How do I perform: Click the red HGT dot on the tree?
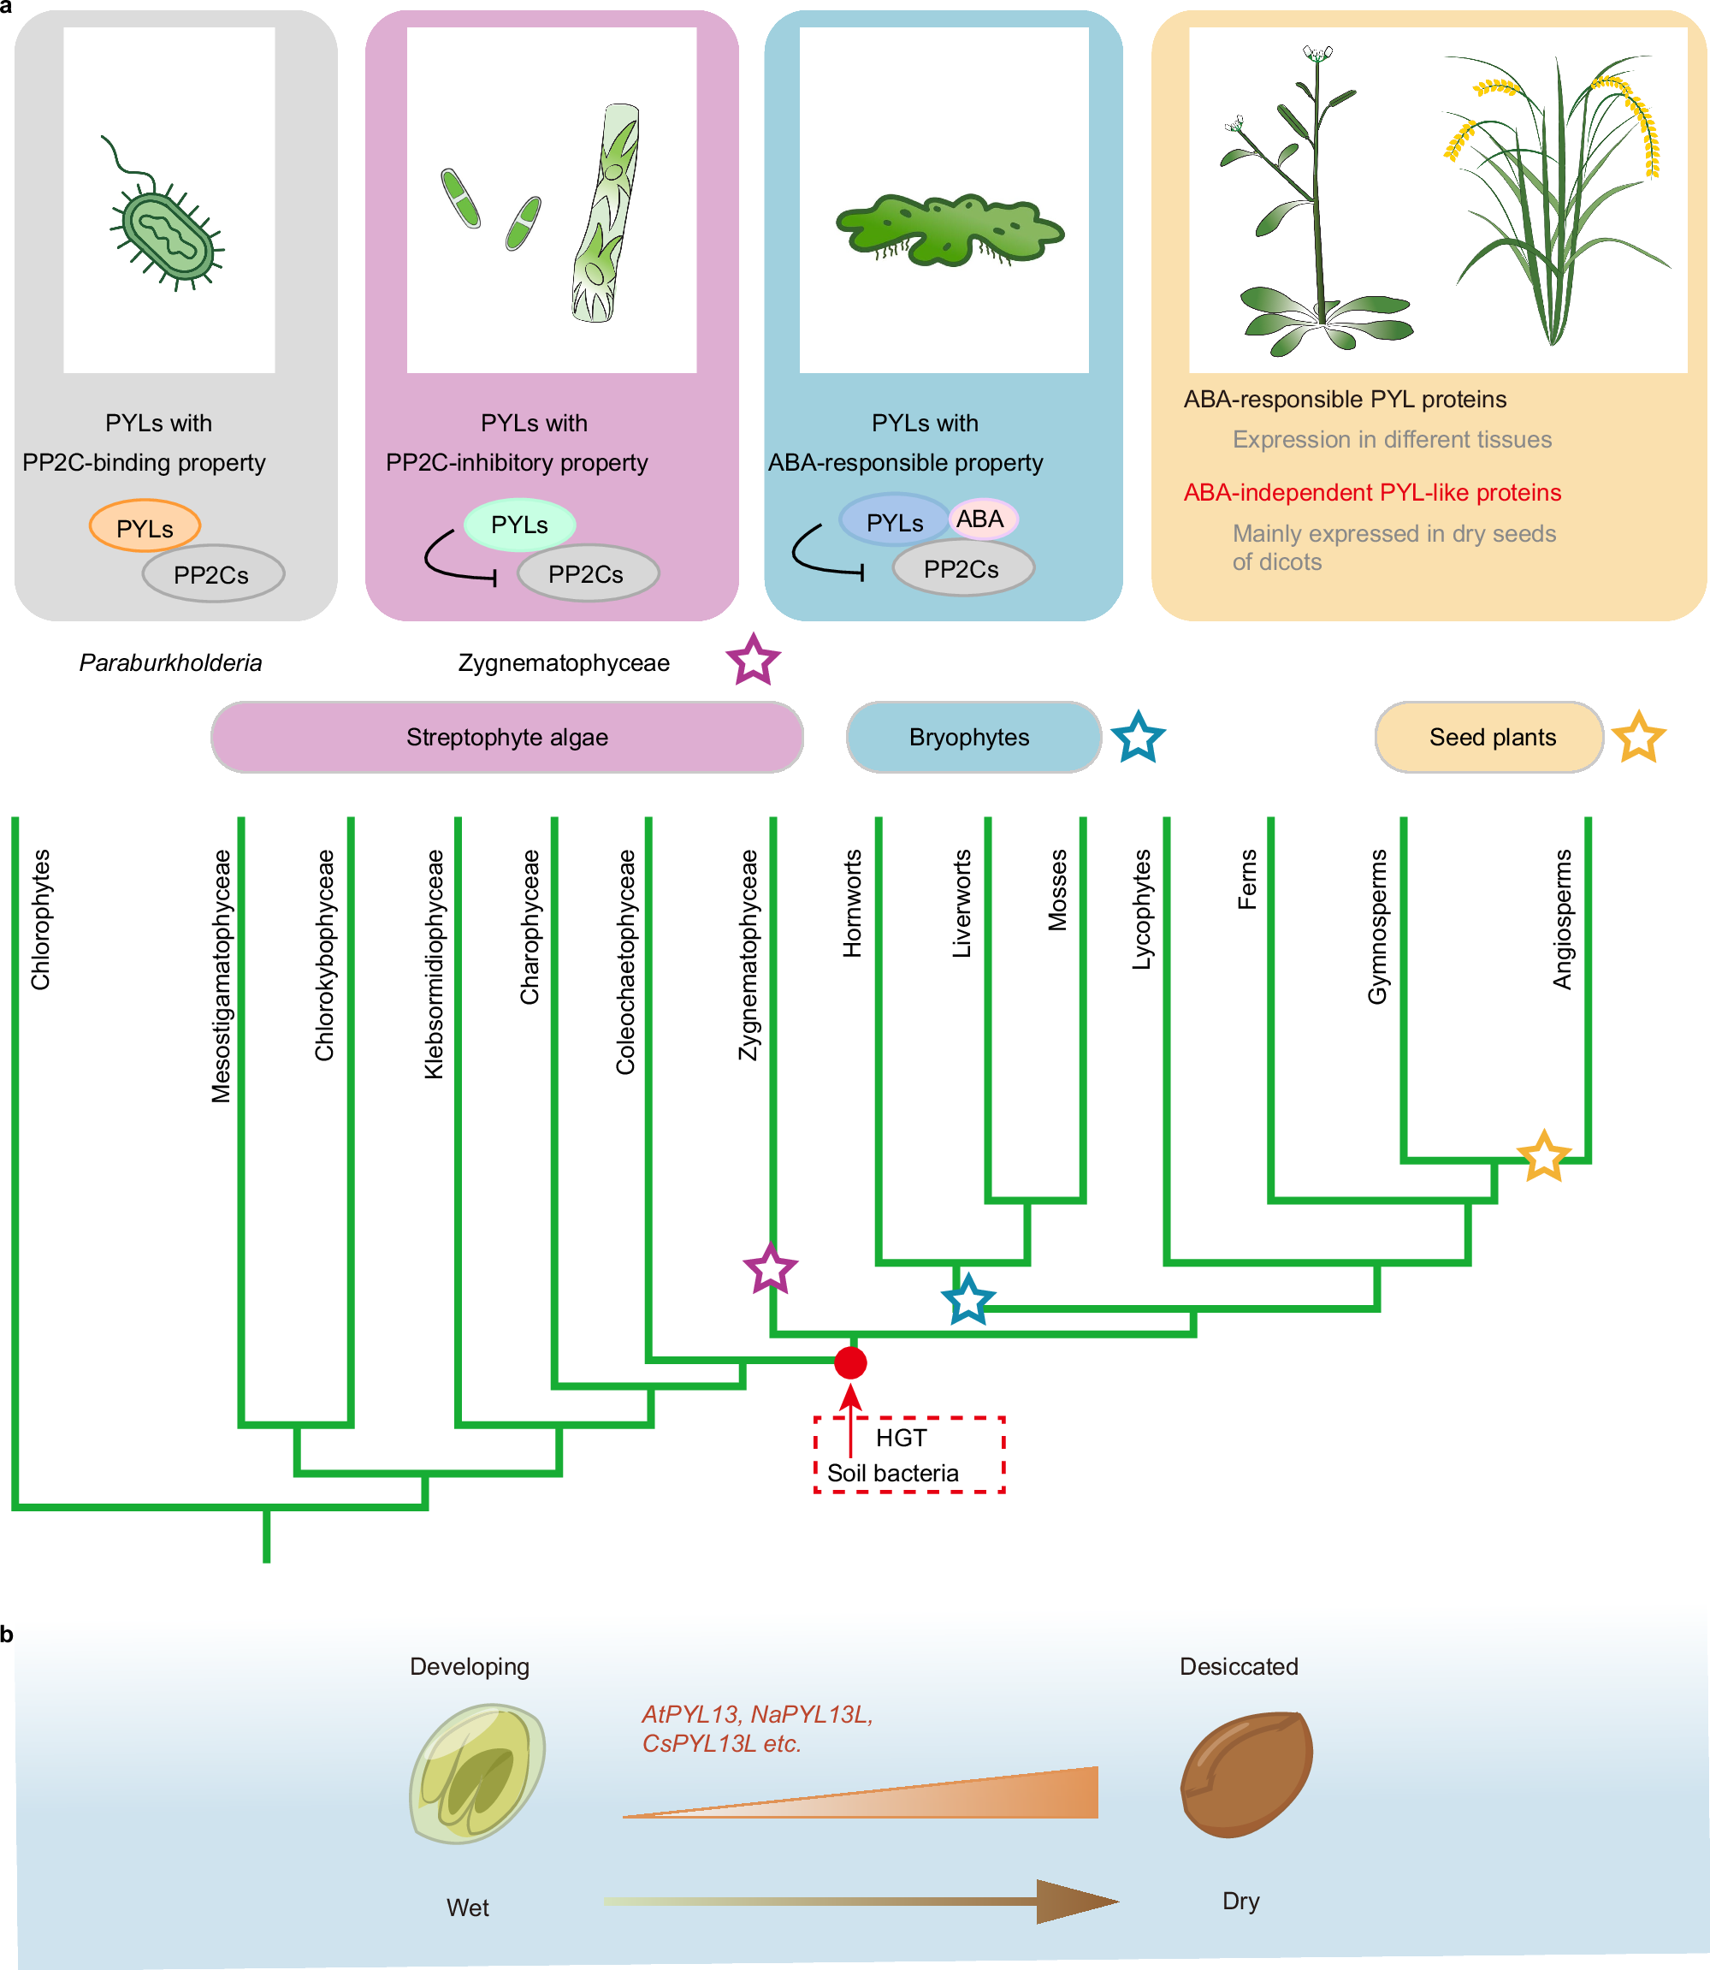pos(850,1363)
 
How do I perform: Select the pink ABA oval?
pos(982,519)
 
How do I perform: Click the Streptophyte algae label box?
pos(506,737)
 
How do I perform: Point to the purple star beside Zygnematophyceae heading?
pos(753,660)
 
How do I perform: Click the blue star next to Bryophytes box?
pos(1139,737)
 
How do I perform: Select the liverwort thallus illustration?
pos(949,230)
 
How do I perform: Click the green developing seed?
pos(477,1773)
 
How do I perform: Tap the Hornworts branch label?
pos(852,903)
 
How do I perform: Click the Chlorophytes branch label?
pos(41,919)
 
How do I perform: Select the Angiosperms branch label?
pos(1562,918)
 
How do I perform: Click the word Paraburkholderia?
pos(171,662)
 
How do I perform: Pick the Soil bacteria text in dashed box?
pos(892,1474)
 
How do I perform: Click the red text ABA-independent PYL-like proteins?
pos(1371,493)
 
